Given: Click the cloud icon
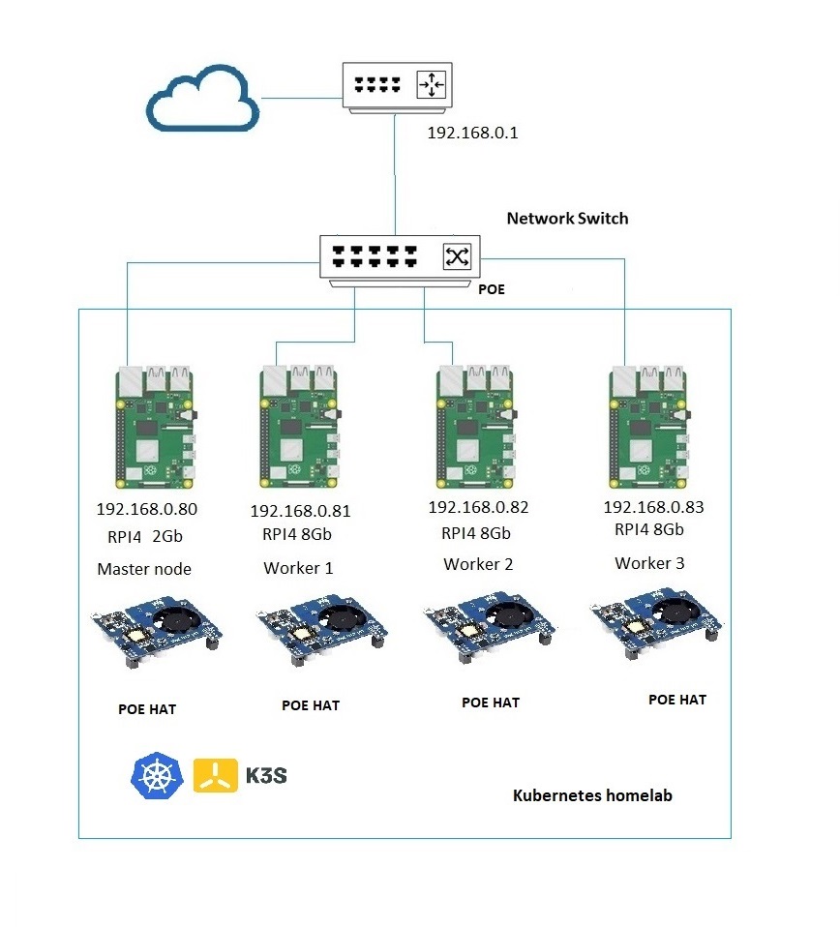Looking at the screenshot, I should [x=202, y=102].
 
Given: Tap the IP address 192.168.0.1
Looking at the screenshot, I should [x=473, y=134].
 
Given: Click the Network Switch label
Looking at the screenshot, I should [x=567, y=219].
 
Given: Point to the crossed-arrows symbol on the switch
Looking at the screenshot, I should [x=457, y=256].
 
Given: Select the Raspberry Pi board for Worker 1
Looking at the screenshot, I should [x=300, y=427].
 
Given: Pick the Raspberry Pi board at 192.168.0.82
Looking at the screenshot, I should [x=475, y=427].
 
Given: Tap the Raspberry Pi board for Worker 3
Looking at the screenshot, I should [x=649, y=427].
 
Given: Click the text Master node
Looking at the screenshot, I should [x=144, y=569].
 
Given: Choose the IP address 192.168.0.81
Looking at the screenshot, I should [x=300, y=512].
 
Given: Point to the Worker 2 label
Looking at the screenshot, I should [x=478, y=564].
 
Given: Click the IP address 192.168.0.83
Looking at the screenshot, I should [x=653, y=507].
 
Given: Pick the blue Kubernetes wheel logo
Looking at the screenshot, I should [x=155, y=775].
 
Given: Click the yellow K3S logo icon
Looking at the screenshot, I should [x=216, y=775].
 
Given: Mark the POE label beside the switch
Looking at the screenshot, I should [x=492, y=289].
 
